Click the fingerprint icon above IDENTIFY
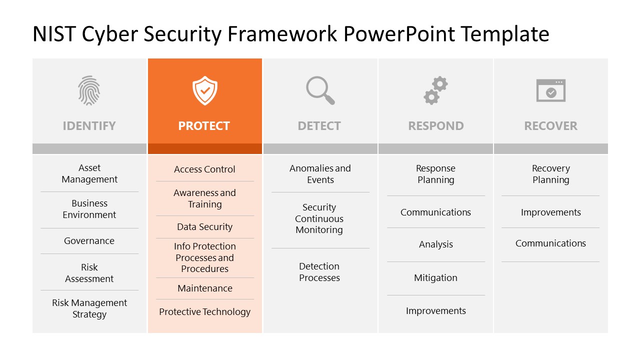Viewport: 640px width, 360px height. coord(89,90)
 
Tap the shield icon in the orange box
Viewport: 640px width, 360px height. coord(204,90)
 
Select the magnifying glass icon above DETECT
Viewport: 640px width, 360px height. coord(320,90)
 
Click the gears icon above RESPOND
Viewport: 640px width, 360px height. coord(435,90)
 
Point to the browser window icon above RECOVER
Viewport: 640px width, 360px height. coord(550,90)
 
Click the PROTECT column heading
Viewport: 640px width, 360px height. coord(204,126)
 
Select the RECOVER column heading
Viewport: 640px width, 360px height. coord(550,126)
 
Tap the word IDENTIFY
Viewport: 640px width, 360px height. coord(89,126)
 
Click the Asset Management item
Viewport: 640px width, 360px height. coord(89,173)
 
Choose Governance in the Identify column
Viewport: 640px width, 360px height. coord(89,241)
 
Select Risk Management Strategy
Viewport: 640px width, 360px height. coord(89,308)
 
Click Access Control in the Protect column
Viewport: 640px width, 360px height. coord(204,169)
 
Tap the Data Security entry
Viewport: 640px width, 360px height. coord(204,227)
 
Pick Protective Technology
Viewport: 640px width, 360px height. coord(204,312)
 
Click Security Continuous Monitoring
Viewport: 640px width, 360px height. coord(319,218)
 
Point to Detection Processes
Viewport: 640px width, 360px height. coord(319,272)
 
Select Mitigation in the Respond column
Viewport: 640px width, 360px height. coord(435,278)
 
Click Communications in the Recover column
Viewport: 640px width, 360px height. coord(550,243)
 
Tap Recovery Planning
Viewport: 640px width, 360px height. coord(550,174)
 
